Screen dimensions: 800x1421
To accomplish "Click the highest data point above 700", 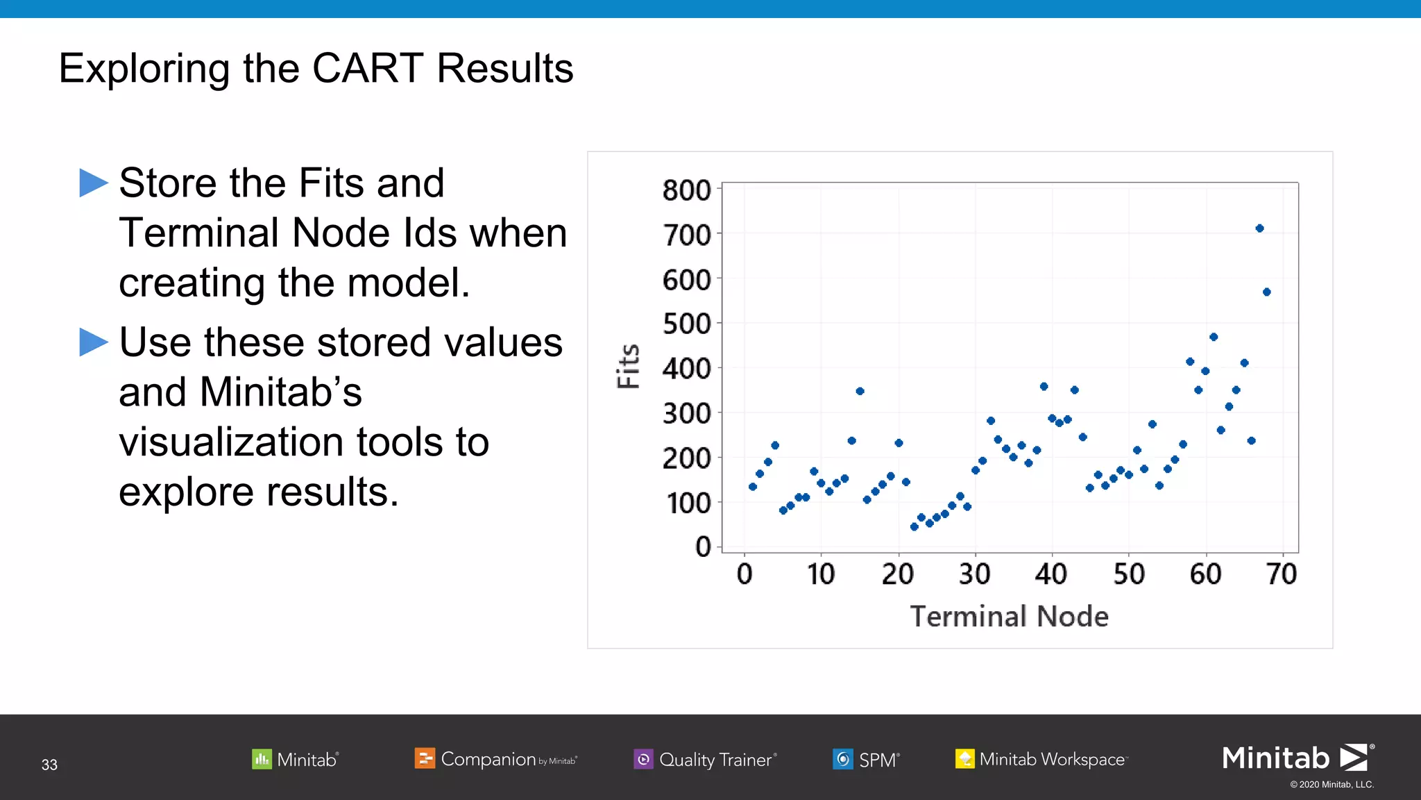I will click(x=1259, y=228).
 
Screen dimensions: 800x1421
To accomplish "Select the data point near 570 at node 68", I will click(x=1266, y=292).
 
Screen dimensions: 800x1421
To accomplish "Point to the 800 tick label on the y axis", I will click(x=686, y=190).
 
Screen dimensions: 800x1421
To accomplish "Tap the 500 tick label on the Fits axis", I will click(x=686, y=324).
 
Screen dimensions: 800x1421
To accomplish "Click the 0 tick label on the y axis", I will click(x=703, y=547).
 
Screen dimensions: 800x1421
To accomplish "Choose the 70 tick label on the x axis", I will click(x=1281, y=574).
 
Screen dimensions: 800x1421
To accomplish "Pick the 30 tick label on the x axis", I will click(x=974, y=574).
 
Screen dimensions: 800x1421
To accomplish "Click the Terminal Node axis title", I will click(x=1009, y=617).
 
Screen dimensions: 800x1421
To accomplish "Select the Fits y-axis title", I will click(x=629, y=366).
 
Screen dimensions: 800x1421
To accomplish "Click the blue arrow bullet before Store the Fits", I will click(x=94, y=183).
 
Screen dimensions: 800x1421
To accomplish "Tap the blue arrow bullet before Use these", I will click(x=94, y=342).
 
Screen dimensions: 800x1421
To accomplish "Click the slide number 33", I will click(x=49, y=765).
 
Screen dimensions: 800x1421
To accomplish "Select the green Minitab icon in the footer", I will click(x=262, y=759).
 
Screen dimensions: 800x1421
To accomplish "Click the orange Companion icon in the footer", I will click(x=424, y=758).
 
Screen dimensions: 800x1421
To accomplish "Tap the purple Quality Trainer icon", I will click(x=643, y=759).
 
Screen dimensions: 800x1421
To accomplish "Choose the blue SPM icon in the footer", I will click(x=842, y=759).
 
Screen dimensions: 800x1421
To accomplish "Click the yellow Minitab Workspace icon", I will click(x=964, y=759).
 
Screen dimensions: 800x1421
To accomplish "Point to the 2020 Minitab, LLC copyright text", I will click(x=1331, y=785).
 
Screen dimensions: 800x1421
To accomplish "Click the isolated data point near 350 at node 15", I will click(x=860, y=392).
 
